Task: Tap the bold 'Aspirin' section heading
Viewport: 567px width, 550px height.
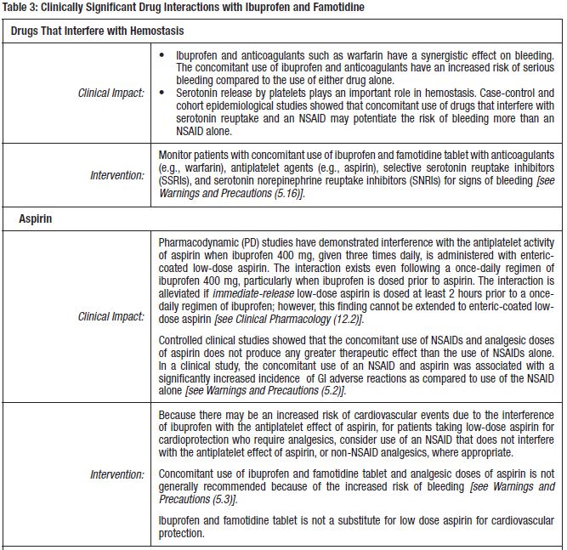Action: tap(37, 218)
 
